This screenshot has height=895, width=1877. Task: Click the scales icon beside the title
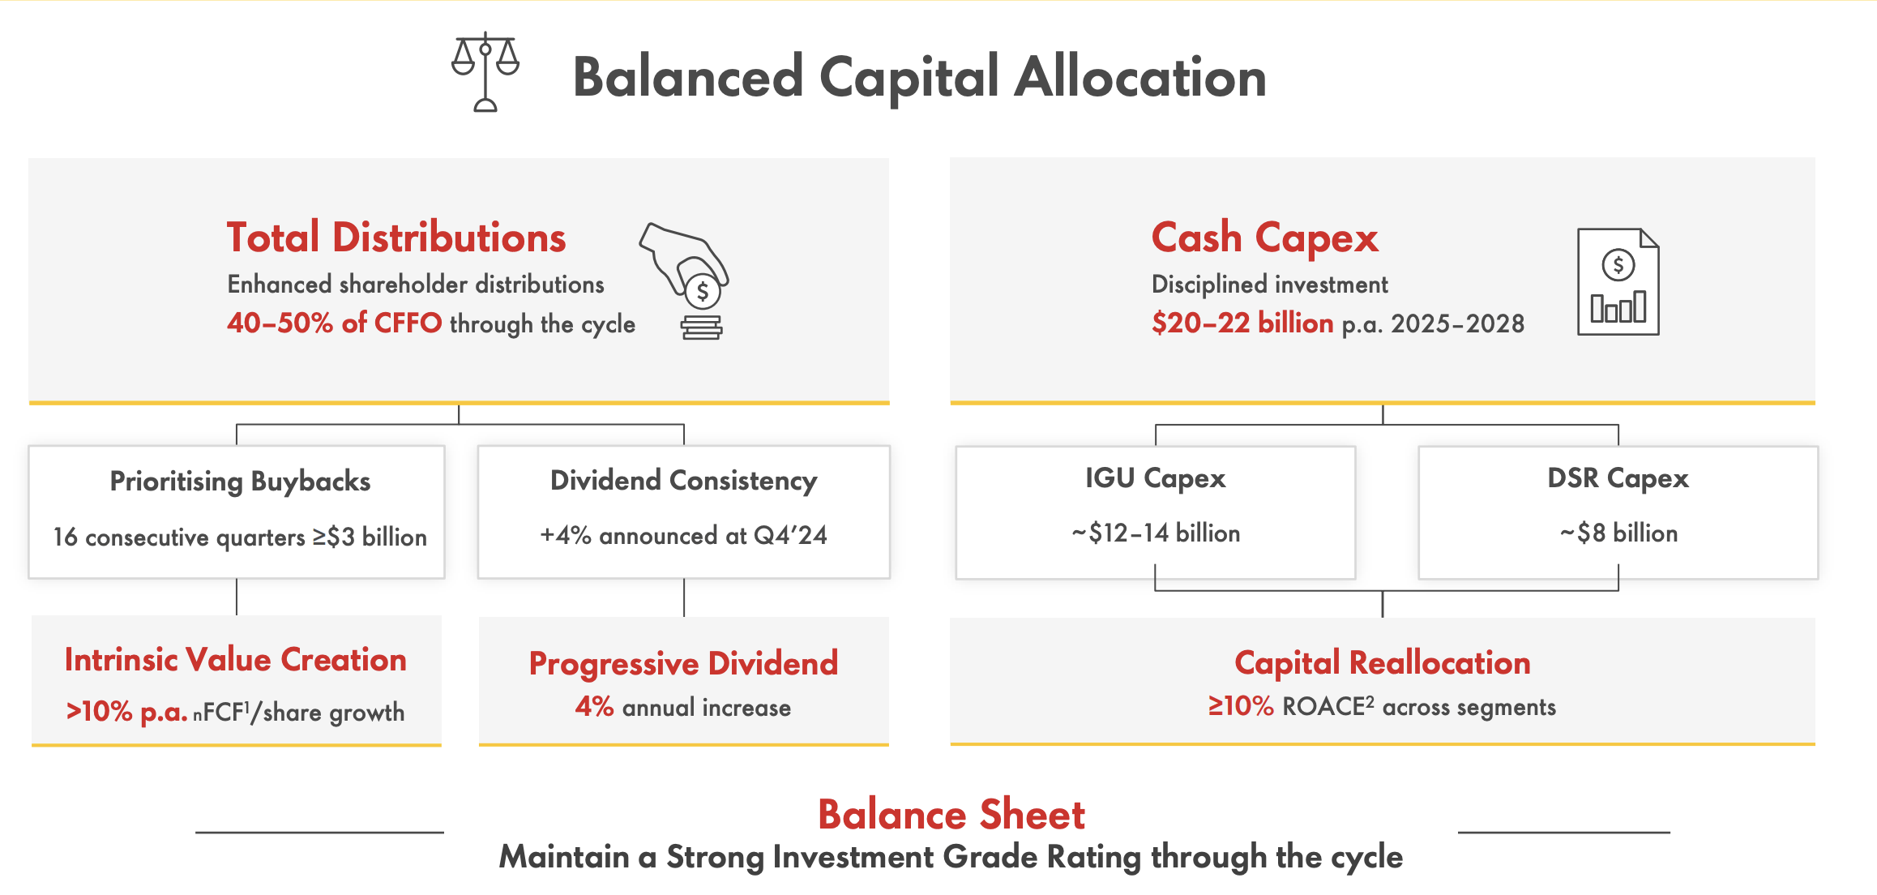[x=485, y=72]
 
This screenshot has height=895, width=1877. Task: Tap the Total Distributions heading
[x=395, y=238]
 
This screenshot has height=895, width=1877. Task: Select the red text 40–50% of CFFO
[x=334, y=323]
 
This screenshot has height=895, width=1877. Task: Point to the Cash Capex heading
[x=1264, y=238]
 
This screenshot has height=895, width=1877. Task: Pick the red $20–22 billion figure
[x=1242, y=323]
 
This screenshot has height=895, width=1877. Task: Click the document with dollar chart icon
[x=1618, y=281]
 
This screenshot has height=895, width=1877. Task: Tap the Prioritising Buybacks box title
[x=240, y=482]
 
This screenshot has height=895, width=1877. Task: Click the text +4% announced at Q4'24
[x=683, y=536]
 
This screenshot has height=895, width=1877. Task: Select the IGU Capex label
[x=1155, y=478]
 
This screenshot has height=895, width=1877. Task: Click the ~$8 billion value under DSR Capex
[x=1618, y=533]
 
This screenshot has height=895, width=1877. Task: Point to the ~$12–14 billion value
[x=1155, y=533]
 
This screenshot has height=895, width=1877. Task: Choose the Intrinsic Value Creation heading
[x=235, y=660]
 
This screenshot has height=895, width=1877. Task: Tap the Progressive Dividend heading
[x=683, y=663]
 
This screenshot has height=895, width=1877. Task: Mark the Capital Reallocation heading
[x=1382, y=663]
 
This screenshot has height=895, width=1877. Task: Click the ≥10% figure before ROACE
[x=1240, y=707]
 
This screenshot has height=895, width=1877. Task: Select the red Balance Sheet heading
[x=951, y=815]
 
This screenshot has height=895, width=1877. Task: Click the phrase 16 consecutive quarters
[x=179, y=537]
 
